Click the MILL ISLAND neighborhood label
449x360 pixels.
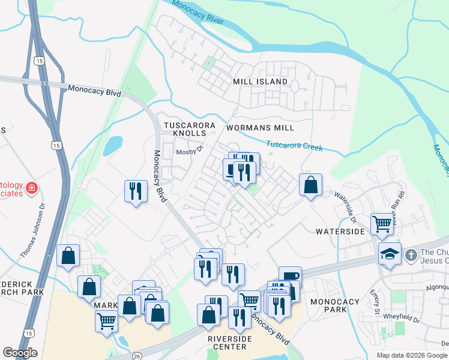click(x=260, y=81)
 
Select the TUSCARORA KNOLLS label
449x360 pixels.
click(x=189, y=128)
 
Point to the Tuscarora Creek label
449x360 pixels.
click(x=294, y=146)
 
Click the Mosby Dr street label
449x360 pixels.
click(x=190, y=152)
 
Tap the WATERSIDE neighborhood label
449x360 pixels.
click(x=340, y=231)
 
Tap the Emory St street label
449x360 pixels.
click(x=375, y=302)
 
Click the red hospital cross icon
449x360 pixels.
click(x=31, y=188)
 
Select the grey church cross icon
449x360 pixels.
click(x=411, y=254)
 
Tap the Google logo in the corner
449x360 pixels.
click(x=20, y=353)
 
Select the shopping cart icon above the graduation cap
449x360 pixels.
click(x=382, y=224)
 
